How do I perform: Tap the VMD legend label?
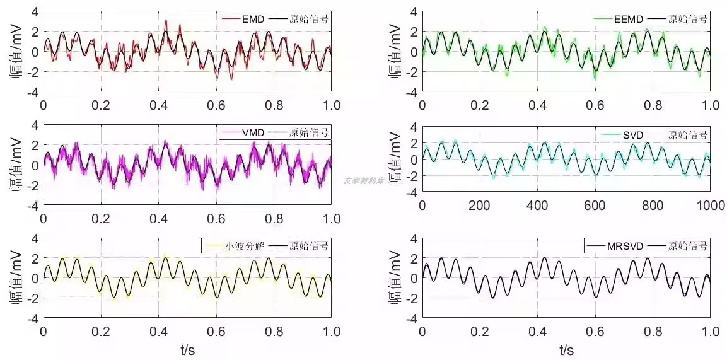(252, 132)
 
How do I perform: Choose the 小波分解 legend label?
(245, 246)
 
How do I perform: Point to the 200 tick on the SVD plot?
(480, 206)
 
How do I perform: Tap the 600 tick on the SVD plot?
(595, 206)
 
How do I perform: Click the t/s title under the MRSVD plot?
(566, 349)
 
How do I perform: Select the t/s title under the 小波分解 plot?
(187, 349)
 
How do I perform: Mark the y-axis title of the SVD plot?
(395, 160)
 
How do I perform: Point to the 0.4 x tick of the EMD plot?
(158, 105)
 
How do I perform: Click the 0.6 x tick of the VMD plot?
(216, 218)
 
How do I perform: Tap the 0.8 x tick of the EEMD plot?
(653, 105)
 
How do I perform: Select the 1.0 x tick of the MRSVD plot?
(711, 332)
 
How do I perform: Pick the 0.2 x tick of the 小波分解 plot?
(101, 332)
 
